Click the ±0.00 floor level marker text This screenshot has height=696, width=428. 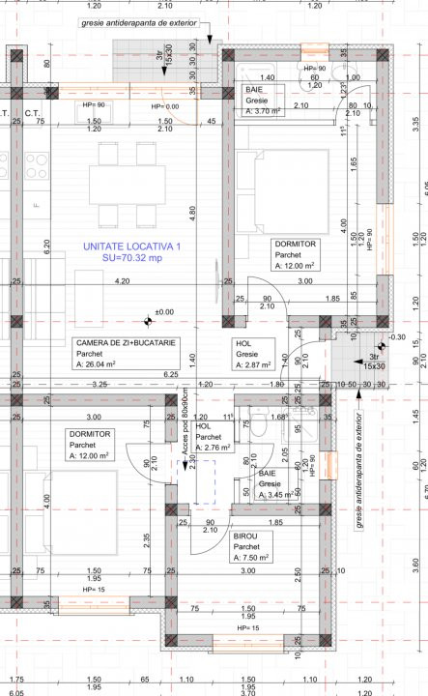[x=164, y=312]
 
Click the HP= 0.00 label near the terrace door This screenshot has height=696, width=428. [x=165, y=106]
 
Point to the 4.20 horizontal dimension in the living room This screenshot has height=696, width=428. [x=122, y=281]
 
